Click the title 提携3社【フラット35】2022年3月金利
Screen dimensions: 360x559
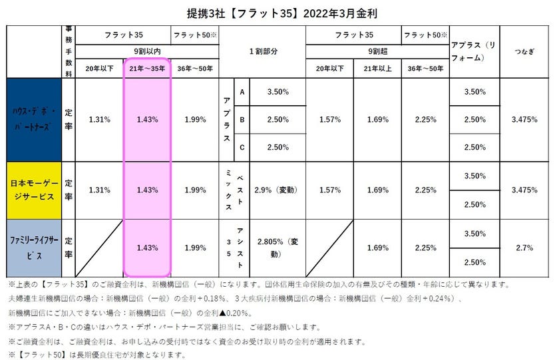279,13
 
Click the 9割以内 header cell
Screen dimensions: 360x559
146,51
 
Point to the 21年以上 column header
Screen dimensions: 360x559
377,67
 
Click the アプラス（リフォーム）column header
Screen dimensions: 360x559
474,51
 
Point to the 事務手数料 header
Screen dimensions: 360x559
69,51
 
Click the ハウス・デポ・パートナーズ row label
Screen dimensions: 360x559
35,119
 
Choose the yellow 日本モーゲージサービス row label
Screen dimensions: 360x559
35,190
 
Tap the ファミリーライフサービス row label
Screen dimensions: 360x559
35,248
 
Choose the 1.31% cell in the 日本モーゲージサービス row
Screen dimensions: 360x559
99,190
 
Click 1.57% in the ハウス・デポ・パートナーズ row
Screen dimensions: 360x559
329,119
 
